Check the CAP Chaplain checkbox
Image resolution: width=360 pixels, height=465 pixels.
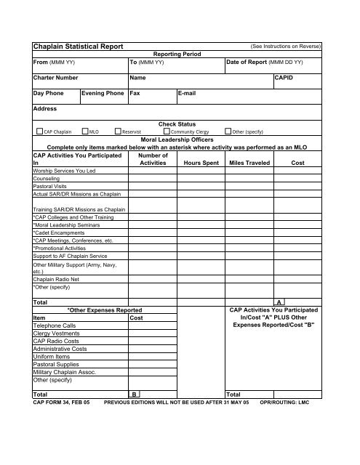40,132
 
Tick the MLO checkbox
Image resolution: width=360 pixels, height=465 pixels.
85,132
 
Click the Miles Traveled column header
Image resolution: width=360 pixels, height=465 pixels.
249,163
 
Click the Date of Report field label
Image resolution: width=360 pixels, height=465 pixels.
265,62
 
